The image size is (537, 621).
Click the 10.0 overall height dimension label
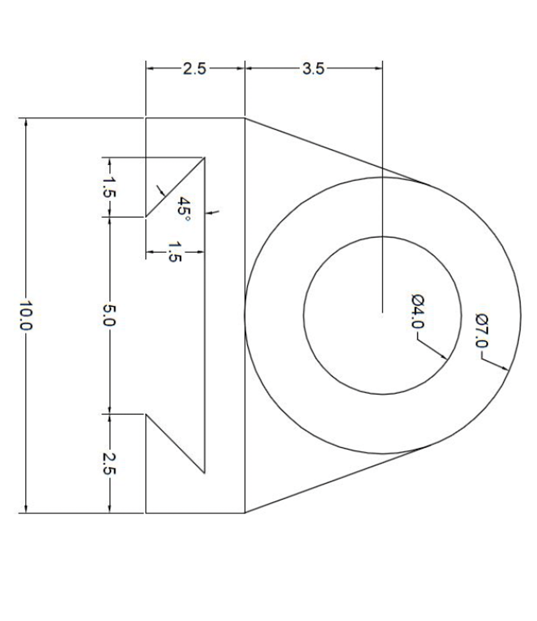pyautogui.click(x=26, y=315)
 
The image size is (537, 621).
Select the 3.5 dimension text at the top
pyautogui.click(x=313, y=69)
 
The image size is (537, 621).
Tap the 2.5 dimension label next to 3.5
pyautogui.click(x=194, y=69)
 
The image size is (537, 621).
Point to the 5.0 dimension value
pyautogui.click(x=109, y=315)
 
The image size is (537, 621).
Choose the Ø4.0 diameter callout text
pyautogui.click(x=417, y=311)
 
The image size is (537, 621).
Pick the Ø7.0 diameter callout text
pyautogui.click(x=482, y=331)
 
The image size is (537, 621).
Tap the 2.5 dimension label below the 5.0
pyautogui.click(x=109, y=463)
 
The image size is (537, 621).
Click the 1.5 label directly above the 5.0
pyautogui.click(x=109, y=186)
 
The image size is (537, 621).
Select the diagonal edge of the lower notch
pyautogui.click(x=175, y=444)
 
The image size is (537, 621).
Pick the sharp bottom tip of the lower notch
pyautogui.click(x=204, y=473)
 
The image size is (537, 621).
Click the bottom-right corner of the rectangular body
pyautogui.click(x=245, y=512)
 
